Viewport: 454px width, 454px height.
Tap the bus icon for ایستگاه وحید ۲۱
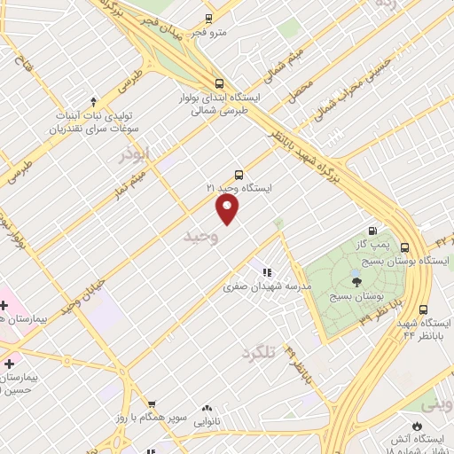[239, 175]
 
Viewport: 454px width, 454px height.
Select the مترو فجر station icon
[208, 19]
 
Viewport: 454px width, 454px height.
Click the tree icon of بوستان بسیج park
[356, 282]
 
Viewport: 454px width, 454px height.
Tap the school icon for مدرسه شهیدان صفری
[265, 272]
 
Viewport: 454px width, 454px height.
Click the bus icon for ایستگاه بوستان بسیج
[405, 247]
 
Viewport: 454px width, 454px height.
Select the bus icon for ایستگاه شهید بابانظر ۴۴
[423, 309]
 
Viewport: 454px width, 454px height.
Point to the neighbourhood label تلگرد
[260, 352]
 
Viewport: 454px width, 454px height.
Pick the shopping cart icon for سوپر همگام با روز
[152, 403]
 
